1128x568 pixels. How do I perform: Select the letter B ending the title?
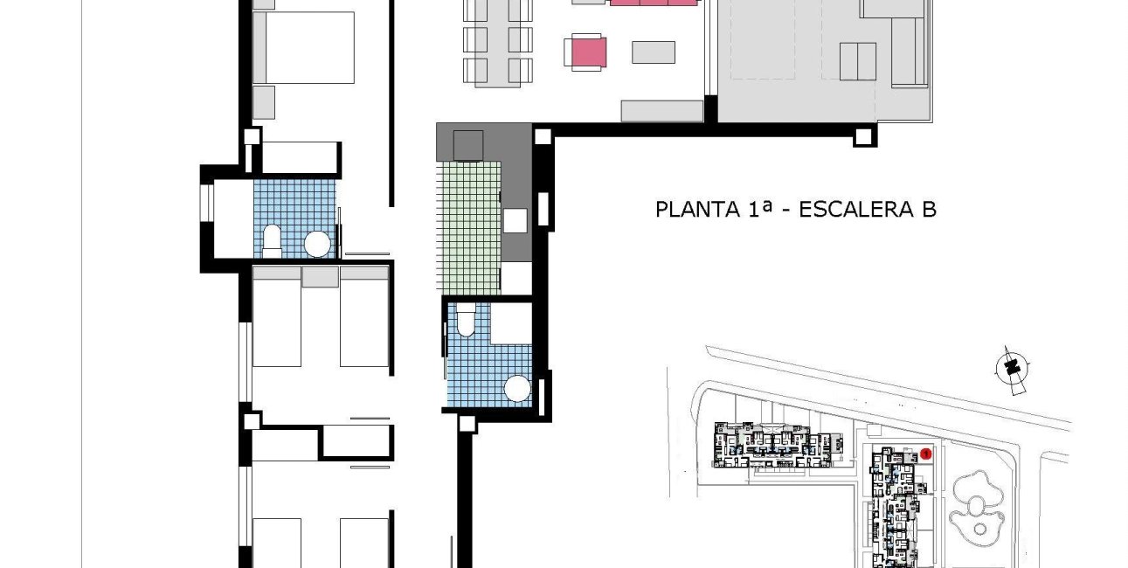point(929,210)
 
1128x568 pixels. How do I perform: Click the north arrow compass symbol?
point(1013,367)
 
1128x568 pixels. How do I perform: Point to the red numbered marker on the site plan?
point(926,454)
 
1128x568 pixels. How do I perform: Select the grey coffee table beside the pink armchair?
point(654,52)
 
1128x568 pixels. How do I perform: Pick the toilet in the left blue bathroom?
point(273,240)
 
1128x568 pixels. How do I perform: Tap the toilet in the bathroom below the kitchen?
point(466,321)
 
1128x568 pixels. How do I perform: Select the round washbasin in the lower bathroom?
point(520,387)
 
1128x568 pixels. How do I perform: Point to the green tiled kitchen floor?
point(469,227)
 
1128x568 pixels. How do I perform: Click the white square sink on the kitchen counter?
point(516,220)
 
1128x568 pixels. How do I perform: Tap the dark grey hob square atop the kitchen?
point(468,145)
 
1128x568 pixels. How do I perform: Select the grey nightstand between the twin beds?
point(320,277)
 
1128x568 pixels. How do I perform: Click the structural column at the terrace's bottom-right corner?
point(864,135)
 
